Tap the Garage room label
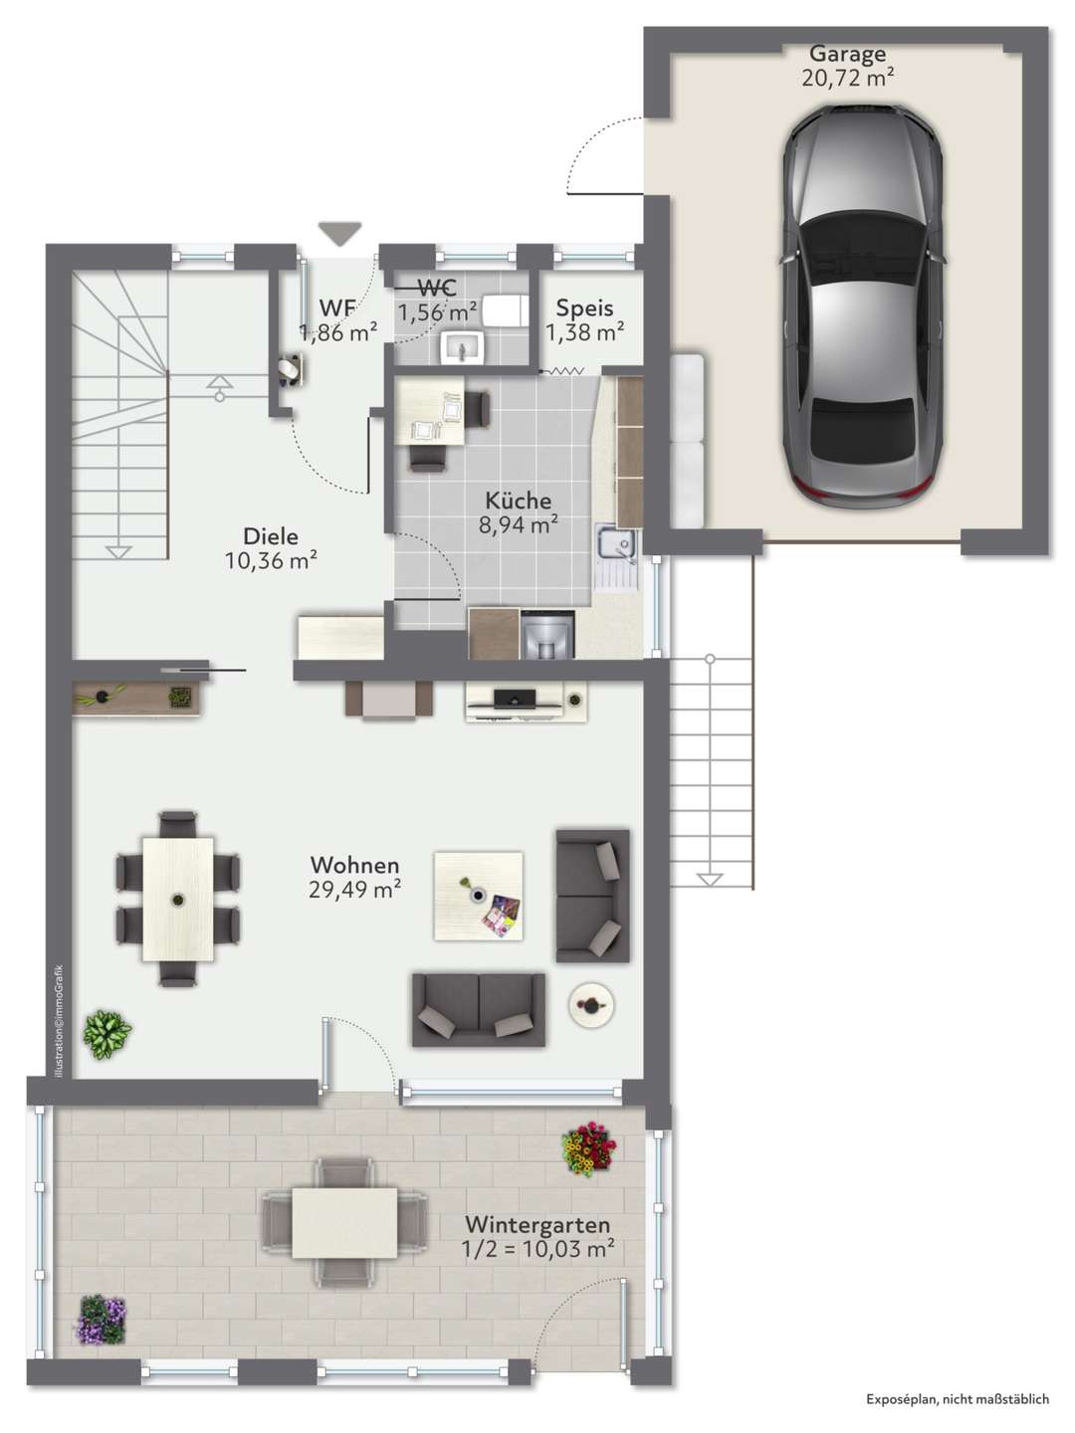click(x=847, y=54)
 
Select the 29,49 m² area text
click(x=354, y=890)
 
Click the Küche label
click(x=519, y=501)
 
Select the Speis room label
click(x=584, y=308)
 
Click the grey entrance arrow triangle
click(x=339, y=234)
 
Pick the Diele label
click(x=271, y=536)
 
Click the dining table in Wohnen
click(x=178, y=899)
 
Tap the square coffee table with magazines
click(x=479, y=896)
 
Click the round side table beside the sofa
click(x=591, y=1006)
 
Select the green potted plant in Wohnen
click(x=107, y=1035)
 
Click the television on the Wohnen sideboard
click(x=515, y=698)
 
